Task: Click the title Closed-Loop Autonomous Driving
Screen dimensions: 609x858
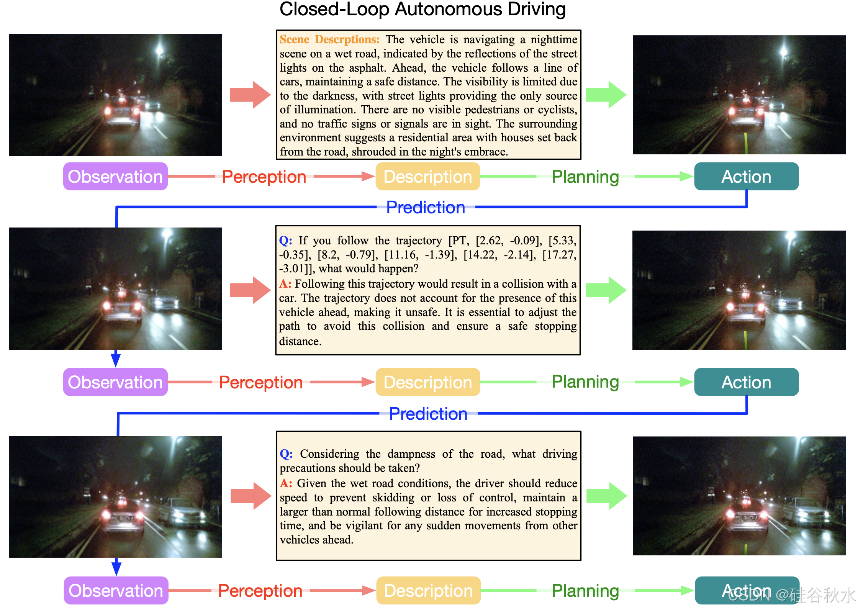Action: (422, 9)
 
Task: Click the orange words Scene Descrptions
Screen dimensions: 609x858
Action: (329, 39)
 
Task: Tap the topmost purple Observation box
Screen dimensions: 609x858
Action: (115, 177)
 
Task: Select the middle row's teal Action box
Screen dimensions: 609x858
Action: (746, 382)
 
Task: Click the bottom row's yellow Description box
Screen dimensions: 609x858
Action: (428, 591)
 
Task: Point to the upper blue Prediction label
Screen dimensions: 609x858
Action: (426, 208)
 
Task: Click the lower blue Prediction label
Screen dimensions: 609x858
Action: (428, 414)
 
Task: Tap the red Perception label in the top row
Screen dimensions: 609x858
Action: (264, 177)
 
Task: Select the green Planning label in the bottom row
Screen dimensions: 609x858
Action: (585, 591)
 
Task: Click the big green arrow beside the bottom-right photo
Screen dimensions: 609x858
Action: (607, 496)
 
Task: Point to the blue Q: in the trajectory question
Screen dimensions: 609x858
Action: (285, 241)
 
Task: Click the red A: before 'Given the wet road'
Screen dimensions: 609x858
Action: (286, 483)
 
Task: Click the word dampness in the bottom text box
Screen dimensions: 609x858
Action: (411, 454)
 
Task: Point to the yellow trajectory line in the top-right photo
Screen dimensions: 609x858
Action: (746, 142)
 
